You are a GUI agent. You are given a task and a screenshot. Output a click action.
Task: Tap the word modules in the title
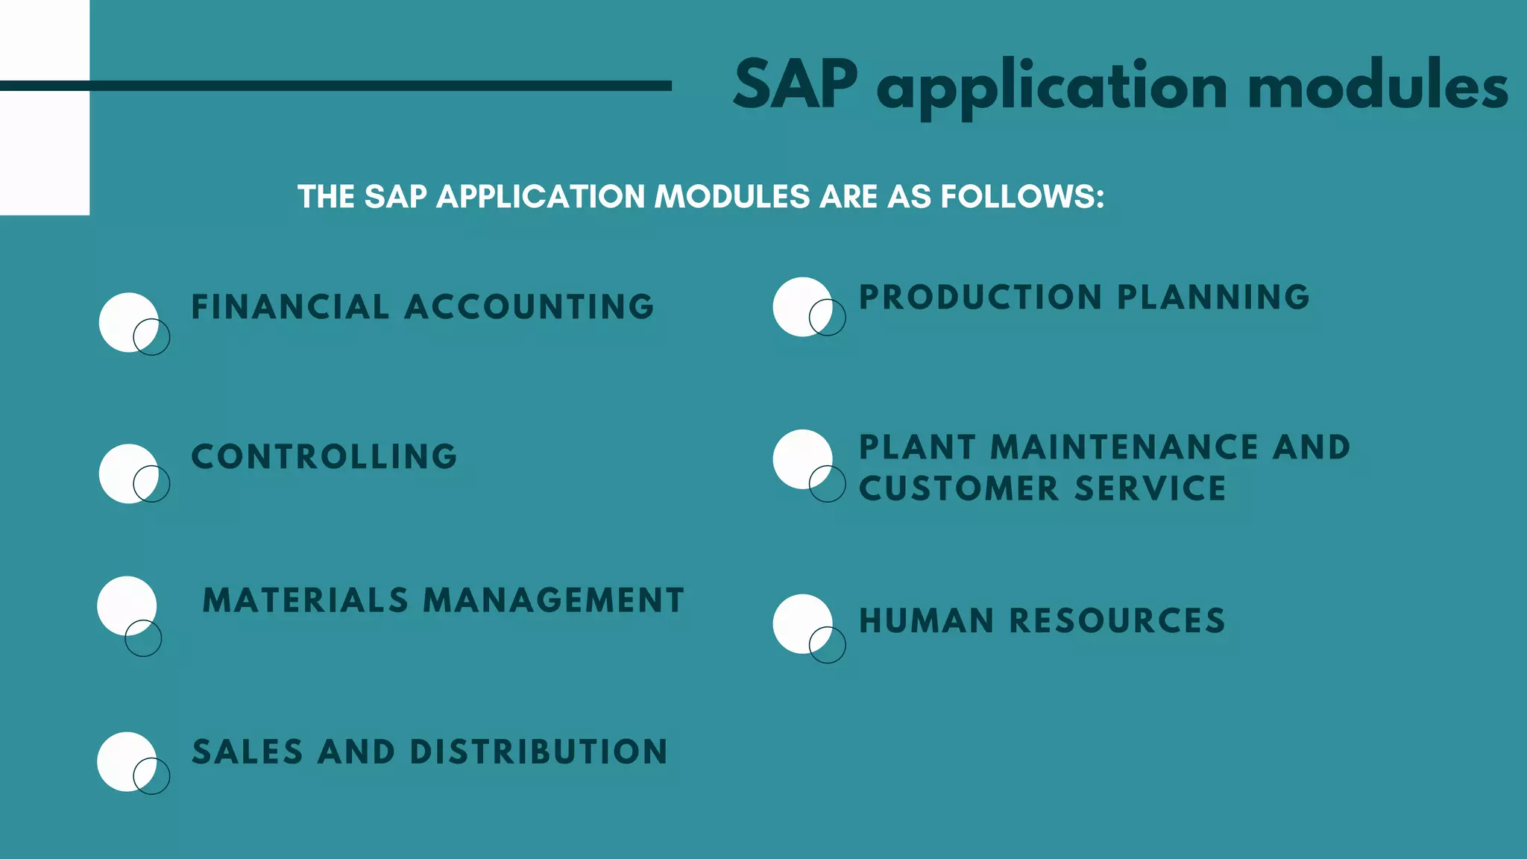click(1378, 86)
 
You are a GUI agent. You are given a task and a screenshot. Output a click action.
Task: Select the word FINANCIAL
click(290, 307)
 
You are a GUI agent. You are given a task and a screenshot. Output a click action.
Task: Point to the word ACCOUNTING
click(529, 307)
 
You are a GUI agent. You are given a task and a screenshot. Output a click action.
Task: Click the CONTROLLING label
click(324, 457)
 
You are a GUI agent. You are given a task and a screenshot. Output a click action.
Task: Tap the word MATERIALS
click(306, 601)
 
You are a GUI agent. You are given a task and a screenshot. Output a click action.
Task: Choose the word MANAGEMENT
click(553, 601)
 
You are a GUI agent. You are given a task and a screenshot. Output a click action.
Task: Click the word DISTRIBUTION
click(538, 752)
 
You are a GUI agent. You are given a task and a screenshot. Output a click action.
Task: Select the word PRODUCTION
click(980, 298)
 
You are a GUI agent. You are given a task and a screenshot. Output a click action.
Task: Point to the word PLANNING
click(1213, 298)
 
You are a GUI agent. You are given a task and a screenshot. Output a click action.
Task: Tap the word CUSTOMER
click(959, 489)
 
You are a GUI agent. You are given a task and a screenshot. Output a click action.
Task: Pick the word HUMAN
click(927, 621)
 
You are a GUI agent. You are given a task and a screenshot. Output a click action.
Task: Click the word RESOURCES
click(1117, 621)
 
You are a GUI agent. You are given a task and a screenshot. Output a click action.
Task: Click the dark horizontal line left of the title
click(336, 86)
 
